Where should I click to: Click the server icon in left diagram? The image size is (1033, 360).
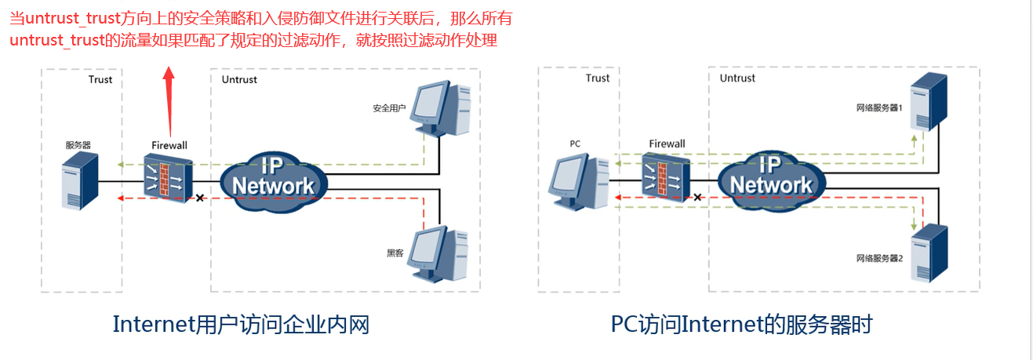click(80, 181)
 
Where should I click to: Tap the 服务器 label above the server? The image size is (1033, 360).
click(78, 145)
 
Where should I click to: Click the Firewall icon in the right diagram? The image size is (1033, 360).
click(666, 176)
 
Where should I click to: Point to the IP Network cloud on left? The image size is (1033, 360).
click(273, 176)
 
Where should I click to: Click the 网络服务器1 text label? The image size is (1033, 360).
click(878, 107)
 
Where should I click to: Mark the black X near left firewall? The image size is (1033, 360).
click(200, 198)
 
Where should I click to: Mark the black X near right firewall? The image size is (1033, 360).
click(698, 198)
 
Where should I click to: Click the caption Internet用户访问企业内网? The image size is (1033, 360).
click(241, 324)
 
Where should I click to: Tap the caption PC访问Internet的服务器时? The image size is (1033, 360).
click(741, 324)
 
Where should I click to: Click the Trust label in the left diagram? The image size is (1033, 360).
click(100, 79)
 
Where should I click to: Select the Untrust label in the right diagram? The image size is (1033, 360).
click(737, 78)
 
